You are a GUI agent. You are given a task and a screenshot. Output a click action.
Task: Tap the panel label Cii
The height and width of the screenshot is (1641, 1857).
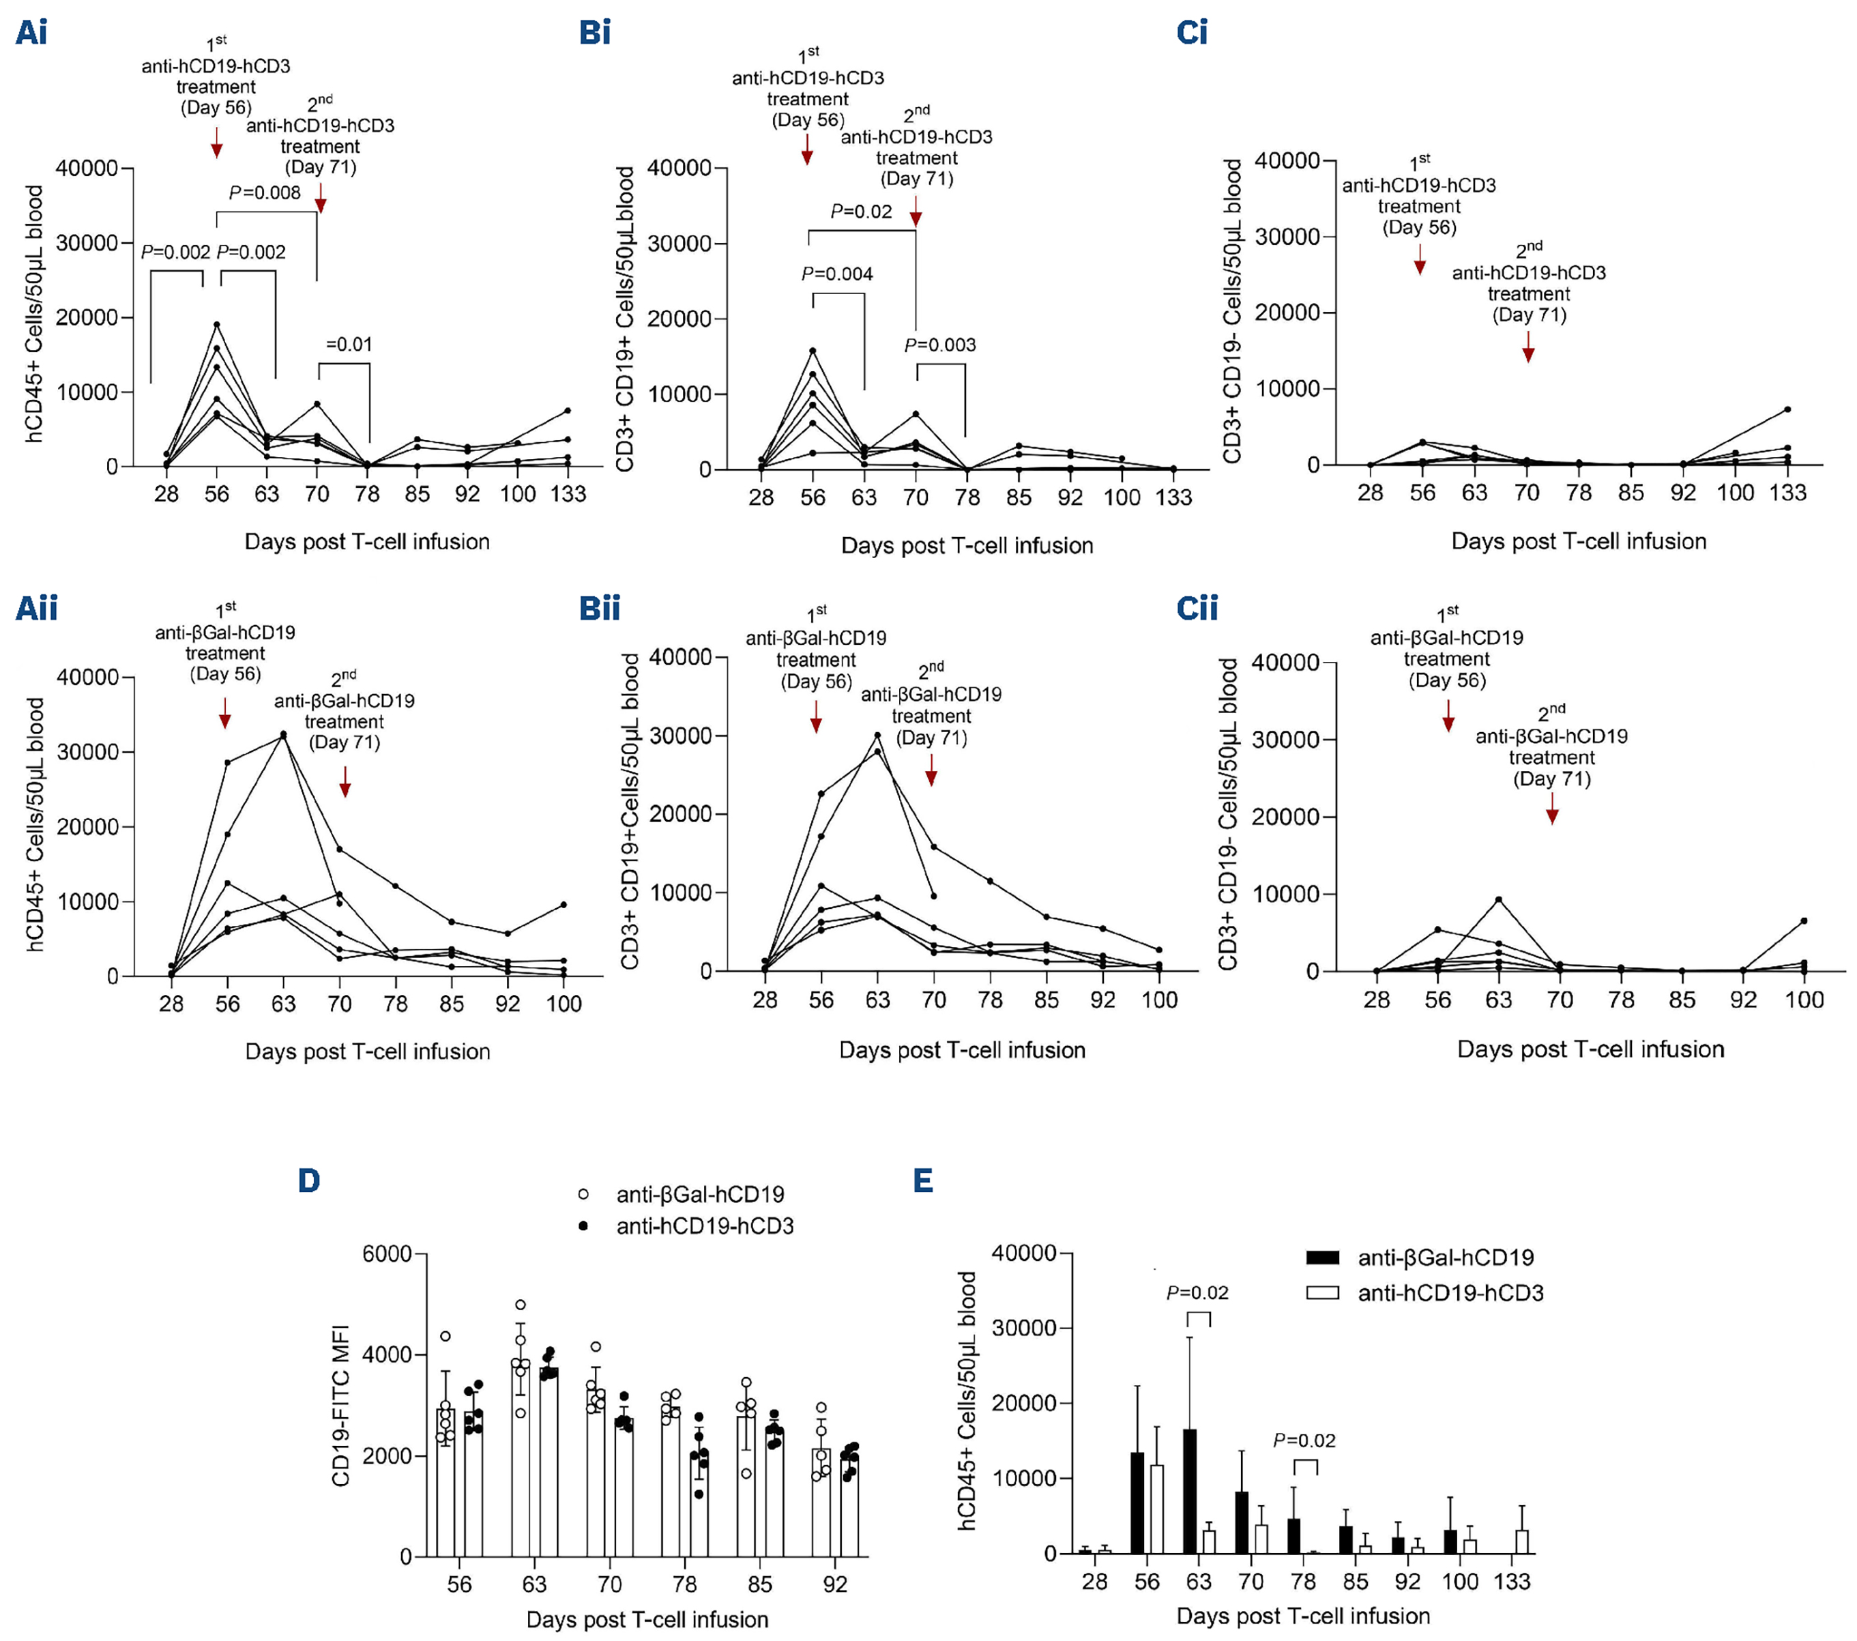coord(1197,608)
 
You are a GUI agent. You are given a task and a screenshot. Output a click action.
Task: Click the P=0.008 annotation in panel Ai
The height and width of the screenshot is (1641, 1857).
coord(265,192)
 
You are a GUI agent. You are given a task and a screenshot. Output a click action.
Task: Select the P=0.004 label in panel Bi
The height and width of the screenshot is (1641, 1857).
coord(836,274)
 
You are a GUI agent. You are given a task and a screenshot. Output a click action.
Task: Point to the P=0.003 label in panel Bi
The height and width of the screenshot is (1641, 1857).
coord(939,345)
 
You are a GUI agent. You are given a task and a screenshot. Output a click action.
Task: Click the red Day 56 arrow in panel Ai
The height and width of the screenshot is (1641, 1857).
coord(216,143)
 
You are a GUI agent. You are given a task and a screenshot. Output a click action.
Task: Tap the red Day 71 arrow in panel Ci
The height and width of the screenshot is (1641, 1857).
coord(1528,347)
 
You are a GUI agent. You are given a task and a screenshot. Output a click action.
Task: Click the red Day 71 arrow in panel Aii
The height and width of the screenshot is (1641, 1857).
coord(345,781)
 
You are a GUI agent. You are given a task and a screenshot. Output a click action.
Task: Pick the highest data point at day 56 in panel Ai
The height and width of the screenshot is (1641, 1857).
coord(216,324)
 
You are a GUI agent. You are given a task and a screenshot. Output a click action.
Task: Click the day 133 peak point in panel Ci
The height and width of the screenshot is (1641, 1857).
coord(1787,409)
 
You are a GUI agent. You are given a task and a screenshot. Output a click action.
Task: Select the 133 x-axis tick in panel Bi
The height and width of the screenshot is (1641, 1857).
coord(1173,498)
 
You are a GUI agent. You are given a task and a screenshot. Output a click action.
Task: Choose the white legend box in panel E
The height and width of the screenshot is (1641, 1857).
coord(1322,1292)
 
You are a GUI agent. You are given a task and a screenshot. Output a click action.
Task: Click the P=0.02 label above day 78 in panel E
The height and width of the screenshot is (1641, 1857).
coord(1304,1440)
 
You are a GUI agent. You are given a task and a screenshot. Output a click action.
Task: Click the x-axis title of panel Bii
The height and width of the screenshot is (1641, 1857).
coord(961,1049)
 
